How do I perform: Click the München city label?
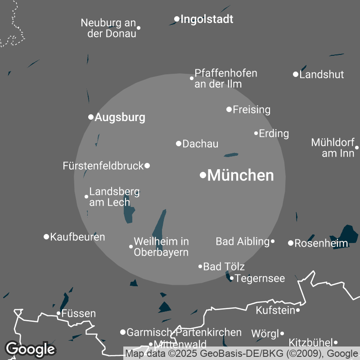tap(241, 175)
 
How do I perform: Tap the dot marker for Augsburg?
tap(91, 117)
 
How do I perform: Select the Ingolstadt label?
tap(207, 19)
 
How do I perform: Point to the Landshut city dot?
tap(296, 74)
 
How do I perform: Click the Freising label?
tap(251, 109)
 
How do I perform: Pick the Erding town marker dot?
tap(256, 133)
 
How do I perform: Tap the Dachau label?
tap(200, 144)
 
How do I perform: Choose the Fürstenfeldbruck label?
tap(103, 166)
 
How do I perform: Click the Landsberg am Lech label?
tap(114, 197)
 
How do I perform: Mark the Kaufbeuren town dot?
tap(46, 237)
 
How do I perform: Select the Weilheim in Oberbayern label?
tap(161, 247)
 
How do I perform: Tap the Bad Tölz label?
tap(224, 267)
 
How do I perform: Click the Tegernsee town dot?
tap(232, 278)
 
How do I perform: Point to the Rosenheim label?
tap(321, 243)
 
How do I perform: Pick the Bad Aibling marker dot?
tap(273, 241)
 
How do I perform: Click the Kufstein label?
tap(275, 310)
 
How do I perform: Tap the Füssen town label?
tap(78, 313)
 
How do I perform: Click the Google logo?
tap(31, 349)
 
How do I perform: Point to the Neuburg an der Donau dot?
tap(139, 28)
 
